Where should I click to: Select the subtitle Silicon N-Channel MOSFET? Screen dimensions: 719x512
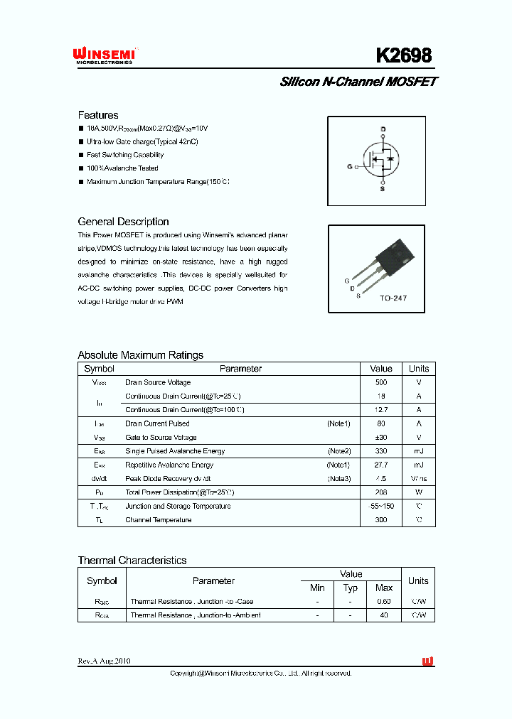[x=358, y=82]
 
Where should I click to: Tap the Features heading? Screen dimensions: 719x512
[x=98, y=115]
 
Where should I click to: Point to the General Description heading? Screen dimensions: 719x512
[x=123, y=222]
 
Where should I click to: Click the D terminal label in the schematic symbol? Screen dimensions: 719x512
[x=383, y=129]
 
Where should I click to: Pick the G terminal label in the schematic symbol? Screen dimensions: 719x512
[x=350, y=166]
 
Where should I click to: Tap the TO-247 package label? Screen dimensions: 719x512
[x=393, y=298]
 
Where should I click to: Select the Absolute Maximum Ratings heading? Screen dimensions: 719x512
[x=140, y=355]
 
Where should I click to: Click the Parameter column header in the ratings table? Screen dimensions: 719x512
[x=240, y=369]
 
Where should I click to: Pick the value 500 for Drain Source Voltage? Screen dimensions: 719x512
[x=381, y=382]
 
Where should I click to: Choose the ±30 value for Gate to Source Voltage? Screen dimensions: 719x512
[x=381, y=438]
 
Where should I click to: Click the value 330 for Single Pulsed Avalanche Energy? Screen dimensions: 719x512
[x=381, y=451]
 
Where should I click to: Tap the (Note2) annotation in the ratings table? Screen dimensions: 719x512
[x=339, y=451]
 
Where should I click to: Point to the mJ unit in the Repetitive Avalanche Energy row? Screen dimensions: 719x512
[x=418, y=465]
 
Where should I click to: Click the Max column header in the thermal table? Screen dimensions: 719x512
[x=384, y=588]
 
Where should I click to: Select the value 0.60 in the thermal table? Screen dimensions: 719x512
[x=384, y=602]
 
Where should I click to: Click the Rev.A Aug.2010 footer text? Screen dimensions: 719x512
[x=104, y=661]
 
